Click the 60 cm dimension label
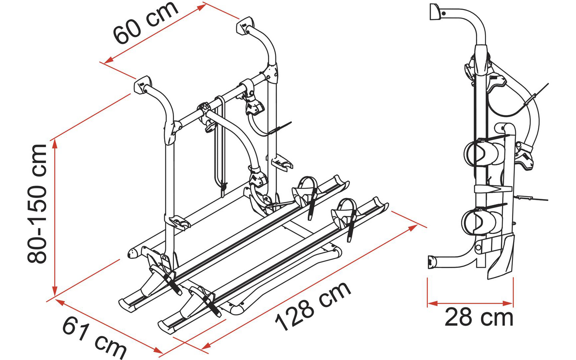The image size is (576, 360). (146, 22)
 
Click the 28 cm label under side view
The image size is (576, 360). (479, 318)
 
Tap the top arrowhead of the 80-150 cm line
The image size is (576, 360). (55, 143)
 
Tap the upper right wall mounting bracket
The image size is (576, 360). (244, 26)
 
